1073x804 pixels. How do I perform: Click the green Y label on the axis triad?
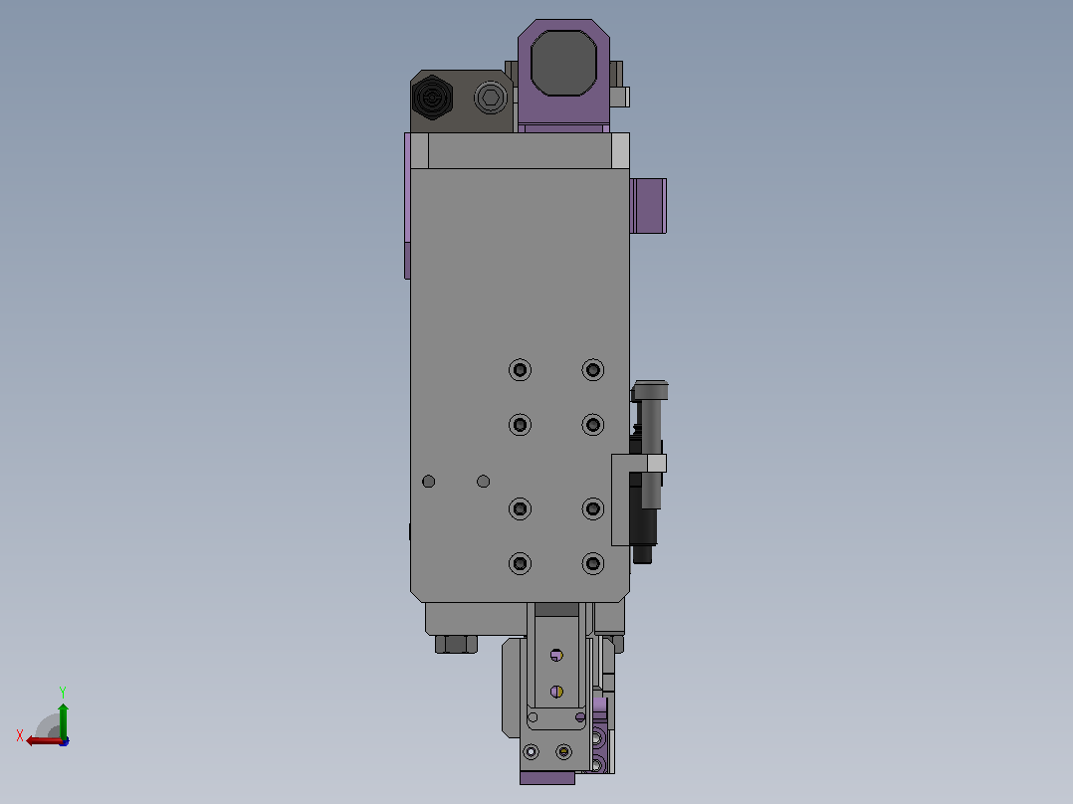point(63,692)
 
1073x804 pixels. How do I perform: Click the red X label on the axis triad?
point(20,735)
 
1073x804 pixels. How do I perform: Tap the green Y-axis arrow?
point(63,721)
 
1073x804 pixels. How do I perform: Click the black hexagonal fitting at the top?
point(432,98)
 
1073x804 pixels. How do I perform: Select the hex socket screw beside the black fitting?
point(490,98)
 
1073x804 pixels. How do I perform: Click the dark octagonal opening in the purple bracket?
point(563,63)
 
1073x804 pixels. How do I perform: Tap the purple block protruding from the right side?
point(648,206)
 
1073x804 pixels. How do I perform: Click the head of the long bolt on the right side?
point(650,390)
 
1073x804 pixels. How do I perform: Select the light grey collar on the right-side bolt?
point(656,464)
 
